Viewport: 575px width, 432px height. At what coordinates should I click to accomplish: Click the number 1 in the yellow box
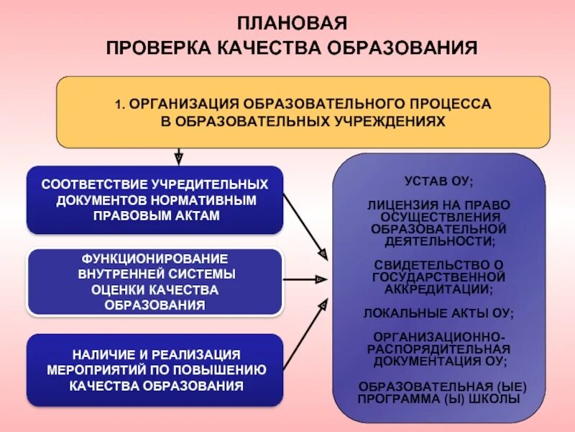(x=117, y=104)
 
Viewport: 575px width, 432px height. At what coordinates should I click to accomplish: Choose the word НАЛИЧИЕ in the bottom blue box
(x=101, y=354)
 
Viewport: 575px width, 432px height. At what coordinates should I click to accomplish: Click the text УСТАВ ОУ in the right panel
(x=439, y=181)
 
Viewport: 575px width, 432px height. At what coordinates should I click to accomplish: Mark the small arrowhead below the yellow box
(x=178, y=156)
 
